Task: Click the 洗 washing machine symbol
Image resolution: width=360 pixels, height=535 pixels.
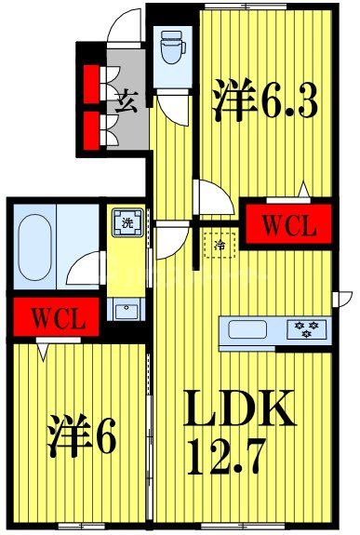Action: pyautogui.click(x=125, y=223)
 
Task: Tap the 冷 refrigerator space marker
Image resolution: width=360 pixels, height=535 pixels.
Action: pyautogui.click(x=221, y=244)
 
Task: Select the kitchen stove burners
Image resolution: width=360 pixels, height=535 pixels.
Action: pyautogui.click(x=308, y=328)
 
